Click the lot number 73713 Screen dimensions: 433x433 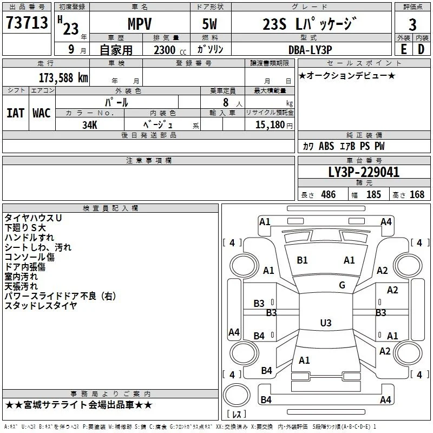(27, 22)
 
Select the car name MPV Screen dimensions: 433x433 (140, 24)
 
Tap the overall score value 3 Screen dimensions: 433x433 (412, 24)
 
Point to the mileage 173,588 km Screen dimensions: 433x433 (63, 78)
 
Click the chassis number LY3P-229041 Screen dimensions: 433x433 (364, 172)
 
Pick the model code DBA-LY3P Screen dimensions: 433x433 (310, 50)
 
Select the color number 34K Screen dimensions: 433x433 (90, 125)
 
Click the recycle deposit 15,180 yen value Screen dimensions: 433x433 (274, 124)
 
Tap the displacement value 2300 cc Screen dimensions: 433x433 (170, 50)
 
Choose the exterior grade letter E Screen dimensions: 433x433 (403, 49)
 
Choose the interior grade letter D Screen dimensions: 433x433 (421, 49)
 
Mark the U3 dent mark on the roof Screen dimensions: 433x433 (326, 323)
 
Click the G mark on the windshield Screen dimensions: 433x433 (342, 285)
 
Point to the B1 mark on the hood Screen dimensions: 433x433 (302, 260)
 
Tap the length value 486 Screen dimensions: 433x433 (329, 194)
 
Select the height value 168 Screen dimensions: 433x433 (417, 194)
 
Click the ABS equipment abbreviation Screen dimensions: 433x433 (326, 146)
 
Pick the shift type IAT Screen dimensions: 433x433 (16, 113)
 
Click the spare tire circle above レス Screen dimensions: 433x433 (237, 395)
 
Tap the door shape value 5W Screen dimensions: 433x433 (209, 24)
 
